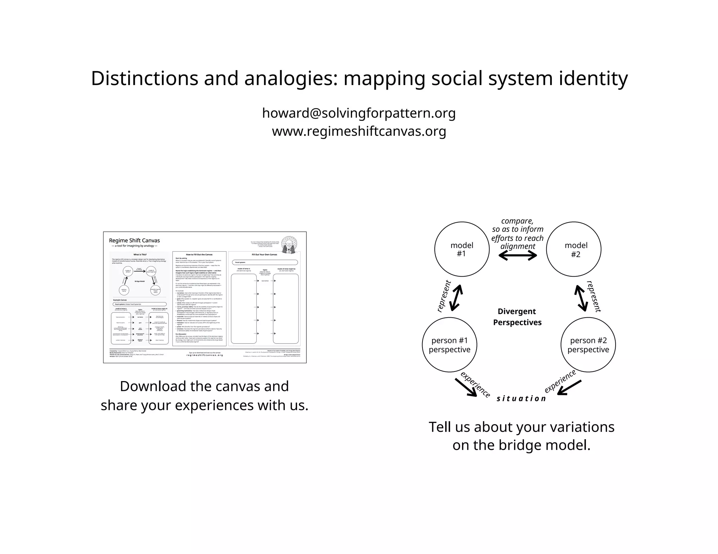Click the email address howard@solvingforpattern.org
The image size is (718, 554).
[359, 113]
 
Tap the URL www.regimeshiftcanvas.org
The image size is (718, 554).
[359, 131]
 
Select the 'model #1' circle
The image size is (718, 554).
[462, 249]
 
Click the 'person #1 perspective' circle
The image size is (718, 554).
[449, 345]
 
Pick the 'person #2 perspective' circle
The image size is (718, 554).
[588, 345]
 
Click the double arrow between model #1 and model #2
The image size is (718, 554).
[517, 256]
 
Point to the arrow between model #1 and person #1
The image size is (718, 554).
[456, 298]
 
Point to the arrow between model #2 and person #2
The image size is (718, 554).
[581, 298]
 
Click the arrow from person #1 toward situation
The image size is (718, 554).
[466, 388]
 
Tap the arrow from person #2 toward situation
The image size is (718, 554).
[569, 388]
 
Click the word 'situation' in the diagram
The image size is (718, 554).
[521, 399]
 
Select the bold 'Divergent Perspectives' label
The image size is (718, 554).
[517, 317]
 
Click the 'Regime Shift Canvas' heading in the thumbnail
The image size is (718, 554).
[134, 241]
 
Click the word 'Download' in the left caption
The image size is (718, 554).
[153, 386]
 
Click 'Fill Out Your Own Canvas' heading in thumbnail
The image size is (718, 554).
[264, 255]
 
